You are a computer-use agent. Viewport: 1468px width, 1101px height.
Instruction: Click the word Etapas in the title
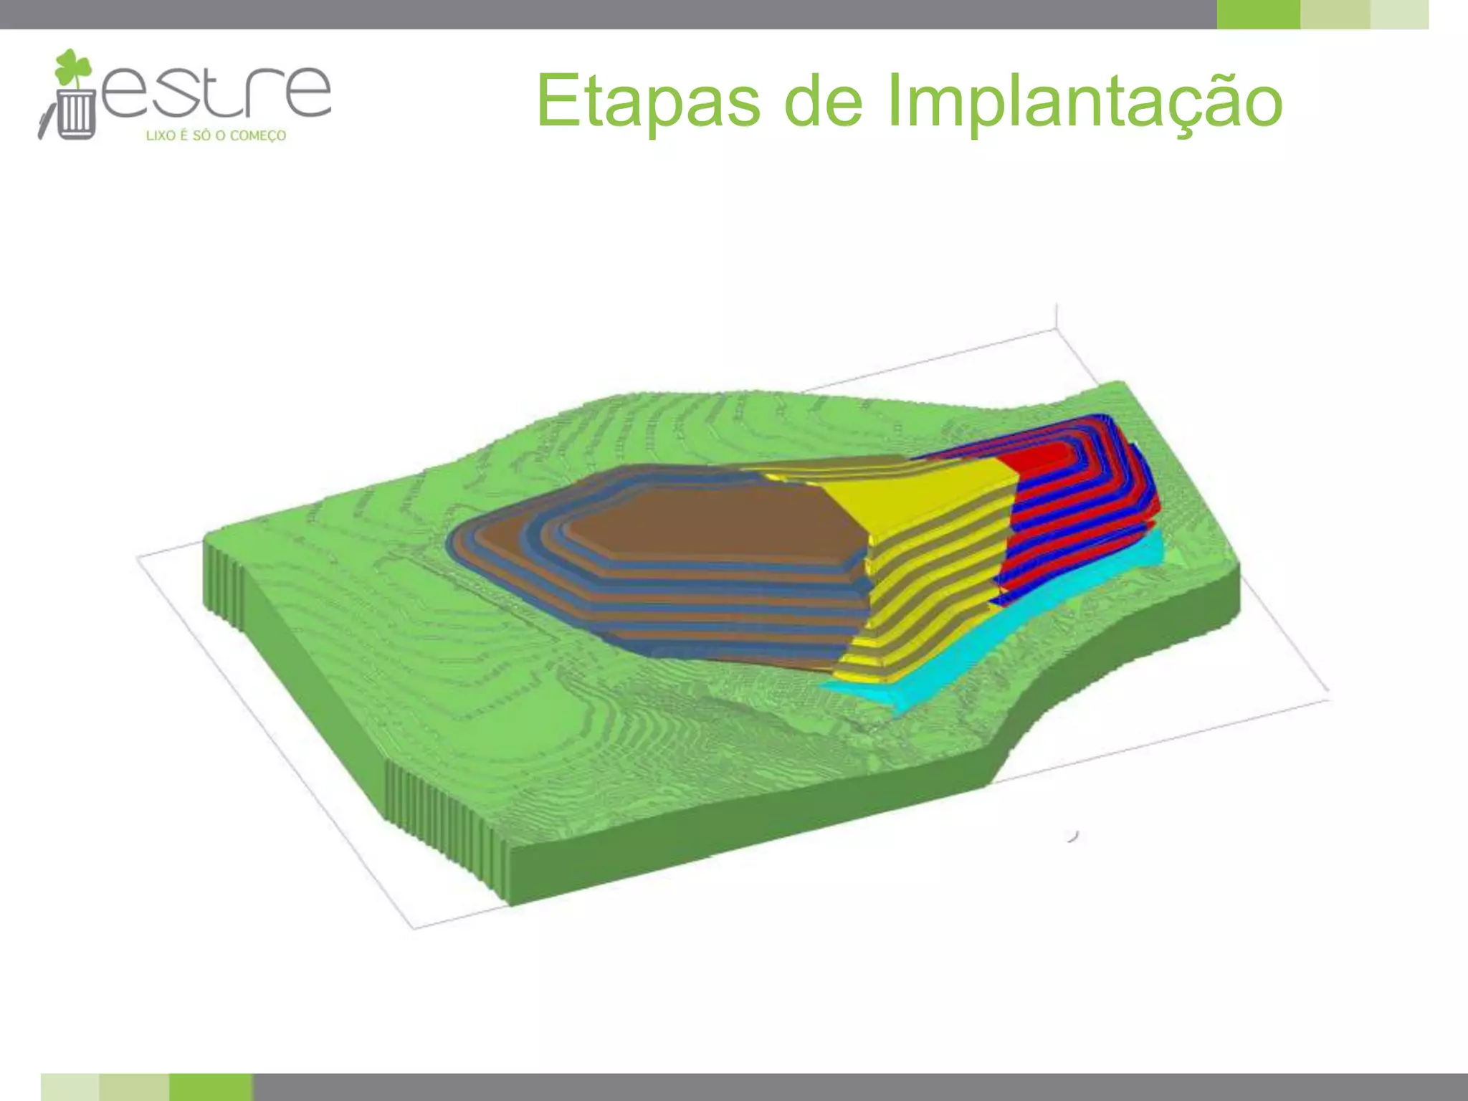coord(647,102)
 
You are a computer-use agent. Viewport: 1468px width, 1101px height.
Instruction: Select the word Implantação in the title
coord(1084,102)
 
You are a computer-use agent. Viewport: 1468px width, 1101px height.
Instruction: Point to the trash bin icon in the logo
coord(75,113)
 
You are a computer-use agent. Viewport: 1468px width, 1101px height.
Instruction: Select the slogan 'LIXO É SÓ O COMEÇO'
coord(216,135)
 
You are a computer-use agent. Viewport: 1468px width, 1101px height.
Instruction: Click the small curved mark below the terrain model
coord(1073,836)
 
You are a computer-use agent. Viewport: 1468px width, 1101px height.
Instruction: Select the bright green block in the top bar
coord(1258,14)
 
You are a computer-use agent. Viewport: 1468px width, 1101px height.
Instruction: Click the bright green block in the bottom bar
coord(211,1087)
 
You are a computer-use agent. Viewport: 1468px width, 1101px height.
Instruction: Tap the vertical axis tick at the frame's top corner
coord(1057,316)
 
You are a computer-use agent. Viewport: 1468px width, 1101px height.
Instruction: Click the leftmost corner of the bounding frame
coord(138,556)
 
